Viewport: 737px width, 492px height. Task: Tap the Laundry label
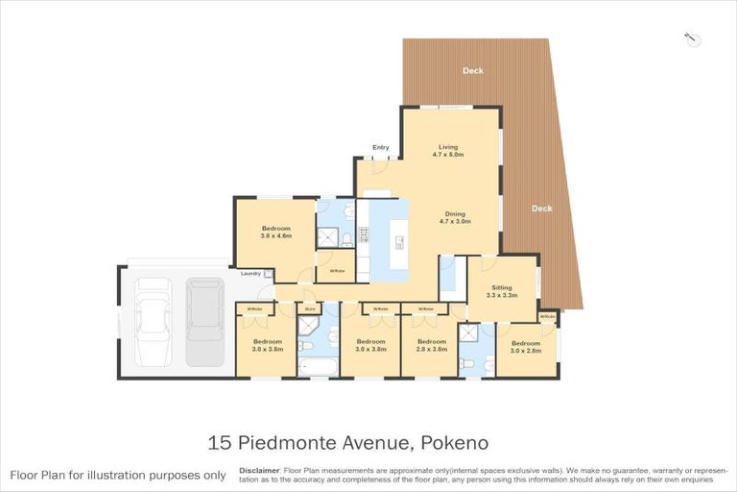[x=251, y=274]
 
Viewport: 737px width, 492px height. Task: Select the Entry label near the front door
[x=381, y=147]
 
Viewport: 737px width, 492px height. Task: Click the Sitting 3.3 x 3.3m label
[x=502, y=291]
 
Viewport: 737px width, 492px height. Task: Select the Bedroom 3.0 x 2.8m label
[x=525, y=347]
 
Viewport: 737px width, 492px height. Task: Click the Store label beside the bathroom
[x=309, y=308]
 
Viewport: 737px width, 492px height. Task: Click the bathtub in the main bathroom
[x=318, y=365]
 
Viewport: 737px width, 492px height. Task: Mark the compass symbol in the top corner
[x=694, y=38]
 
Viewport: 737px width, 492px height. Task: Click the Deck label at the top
[x=473, y=70]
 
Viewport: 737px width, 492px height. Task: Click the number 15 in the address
[x=220, y=443]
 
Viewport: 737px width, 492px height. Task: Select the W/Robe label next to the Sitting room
[x=547, y=315]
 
